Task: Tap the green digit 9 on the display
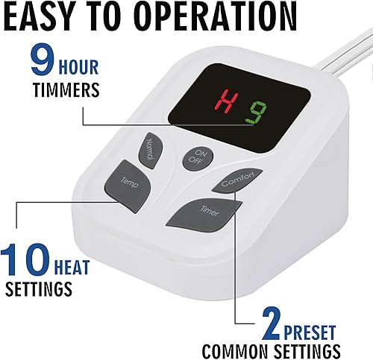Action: (256, 113)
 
